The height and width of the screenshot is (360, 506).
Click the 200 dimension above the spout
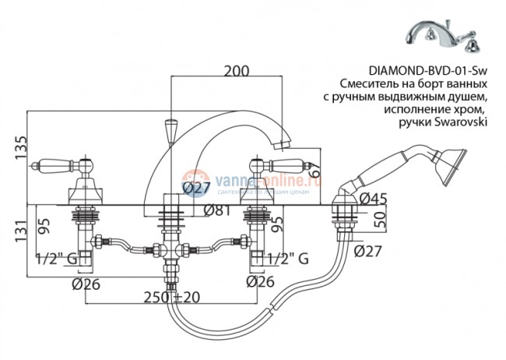point(236,71)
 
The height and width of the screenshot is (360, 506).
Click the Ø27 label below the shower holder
point(368,250)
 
